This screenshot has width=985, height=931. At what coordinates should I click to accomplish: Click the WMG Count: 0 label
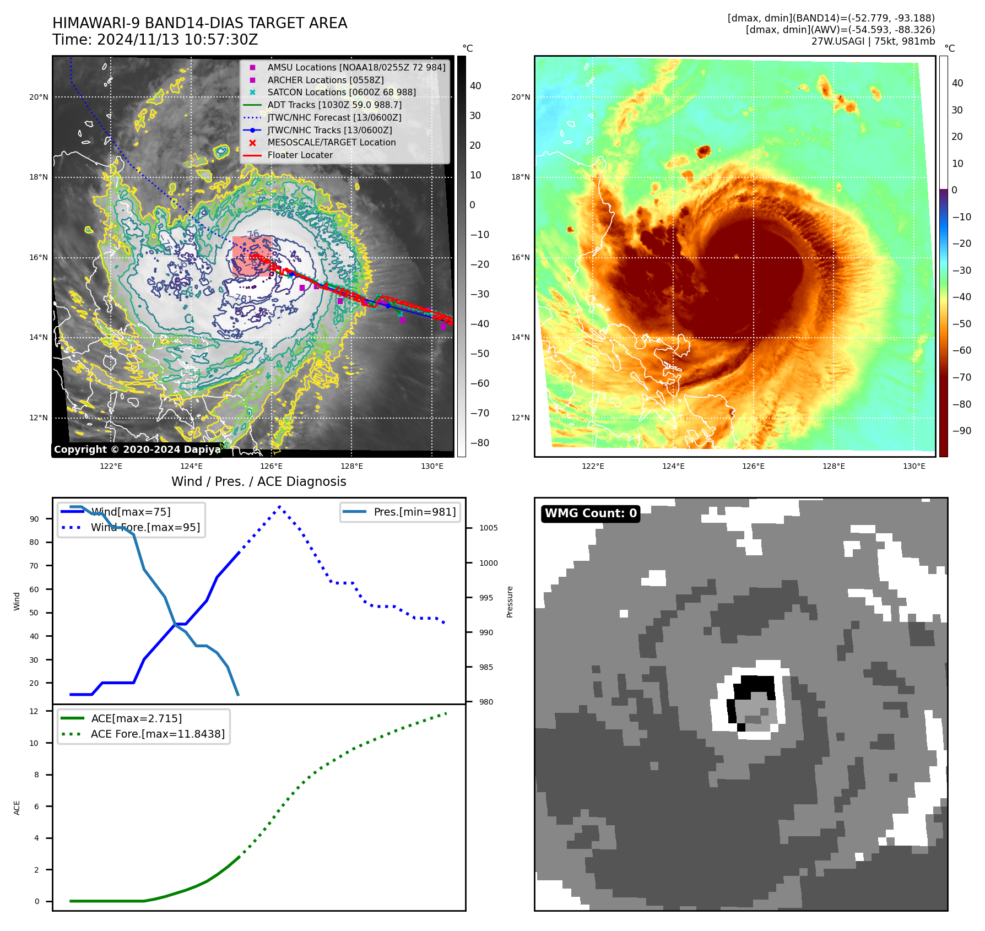coord(591,513)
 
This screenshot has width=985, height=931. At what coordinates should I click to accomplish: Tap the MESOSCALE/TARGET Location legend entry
coord(332,142)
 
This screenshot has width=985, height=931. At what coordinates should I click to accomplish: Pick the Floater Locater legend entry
coord(300,155)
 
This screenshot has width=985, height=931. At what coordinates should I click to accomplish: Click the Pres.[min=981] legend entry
coord(414,512)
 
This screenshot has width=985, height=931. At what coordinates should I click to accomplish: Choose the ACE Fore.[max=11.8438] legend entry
coord(158,734)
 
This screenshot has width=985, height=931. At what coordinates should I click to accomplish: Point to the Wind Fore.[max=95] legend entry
coord(145,527)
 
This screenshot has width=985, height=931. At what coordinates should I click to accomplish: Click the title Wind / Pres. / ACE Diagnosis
coord(258,481)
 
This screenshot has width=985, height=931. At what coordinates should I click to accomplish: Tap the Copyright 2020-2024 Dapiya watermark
coord(137,450)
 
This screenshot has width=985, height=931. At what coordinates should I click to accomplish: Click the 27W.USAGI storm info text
coord(873,41)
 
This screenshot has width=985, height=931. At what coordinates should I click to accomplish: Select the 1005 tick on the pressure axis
coord(488,528)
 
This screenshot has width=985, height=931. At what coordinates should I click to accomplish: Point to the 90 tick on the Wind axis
coord(35,519)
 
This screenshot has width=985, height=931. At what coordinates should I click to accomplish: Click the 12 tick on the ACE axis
coord(35,711)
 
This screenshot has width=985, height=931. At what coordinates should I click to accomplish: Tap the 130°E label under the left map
coord(432,466)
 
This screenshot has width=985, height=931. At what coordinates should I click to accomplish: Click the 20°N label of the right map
coord(521,97)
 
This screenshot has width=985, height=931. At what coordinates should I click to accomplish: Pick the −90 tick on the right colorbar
coord(962,431)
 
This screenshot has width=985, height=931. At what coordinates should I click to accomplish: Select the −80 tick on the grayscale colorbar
coord(479,443)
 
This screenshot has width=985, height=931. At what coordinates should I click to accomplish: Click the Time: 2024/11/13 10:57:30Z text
coord(155,40)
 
